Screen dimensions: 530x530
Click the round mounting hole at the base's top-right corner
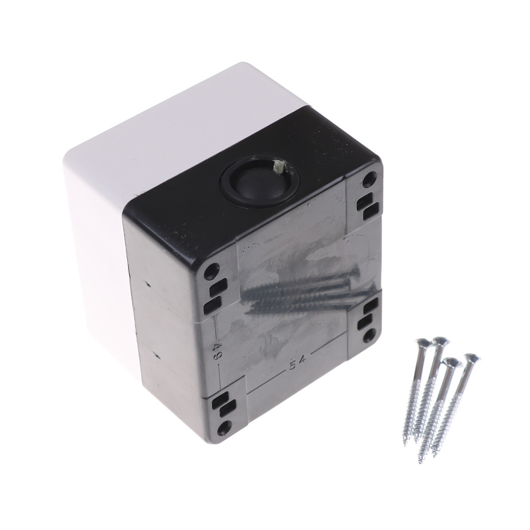tap(371, 176)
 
